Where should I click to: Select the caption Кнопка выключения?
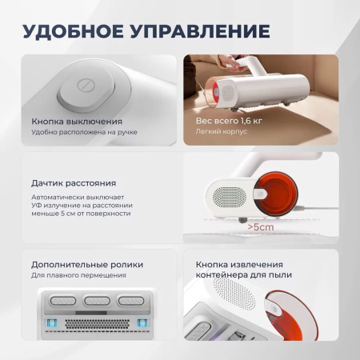(73, 120)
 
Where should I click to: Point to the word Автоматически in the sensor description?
(57, 196)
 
